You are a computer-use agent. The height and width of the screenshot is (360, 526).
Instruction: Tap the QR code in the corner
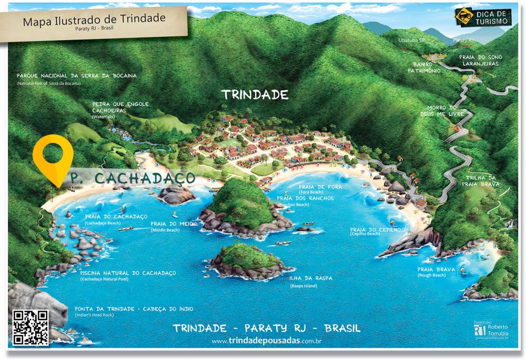pyautogui.click(x=31, y=327)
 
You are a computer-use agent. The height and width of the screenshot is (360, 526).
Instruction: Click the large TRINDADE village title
pyautogui.click(x=255, y=95)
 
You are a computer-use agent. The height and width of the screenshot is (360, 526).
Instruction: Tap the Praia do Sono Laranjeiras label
pyautogui.click(x=473, y=60)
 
